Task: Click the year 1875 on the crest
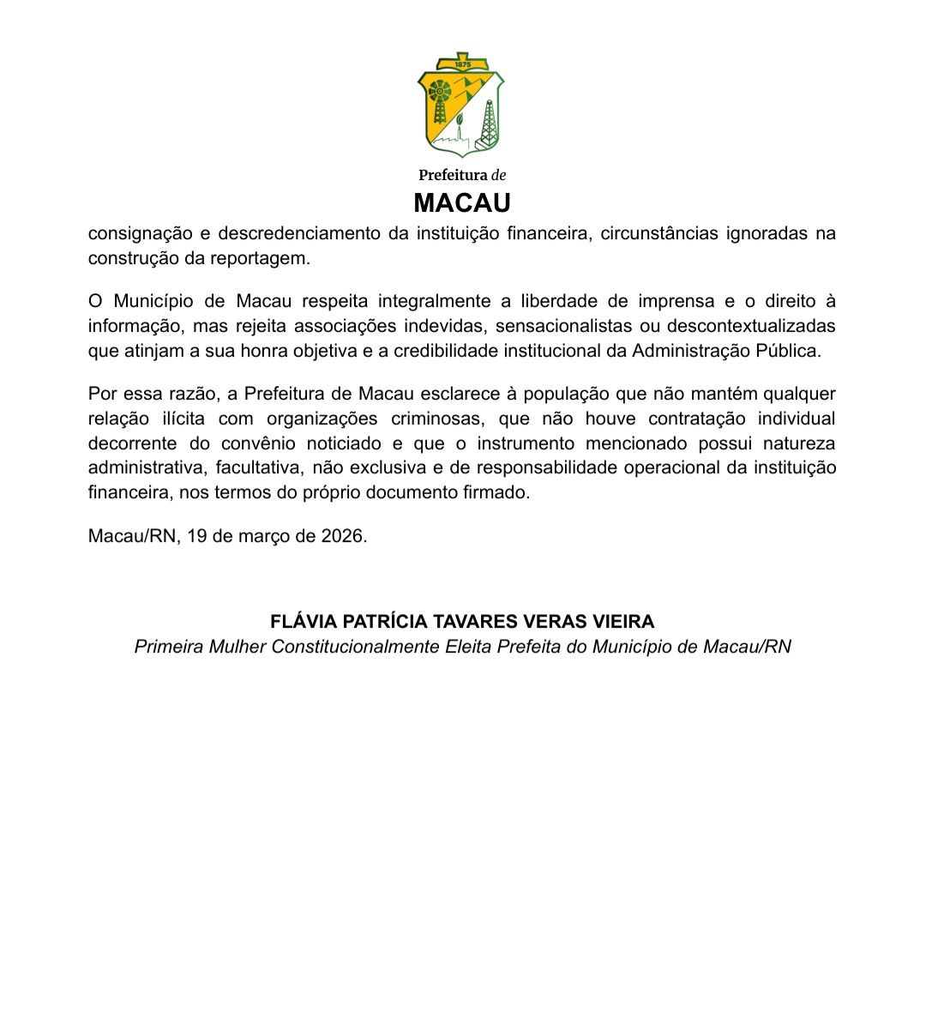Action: coord(463,65)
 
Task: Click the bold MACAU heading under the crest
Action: coord(462,203)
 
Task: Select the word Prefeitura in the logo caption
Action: coord(453,175)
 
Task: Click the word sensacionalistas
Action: coord(562,327)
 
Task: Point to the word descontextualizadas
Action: coord(750,327)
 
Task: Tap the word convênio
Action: coord(258,443)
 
